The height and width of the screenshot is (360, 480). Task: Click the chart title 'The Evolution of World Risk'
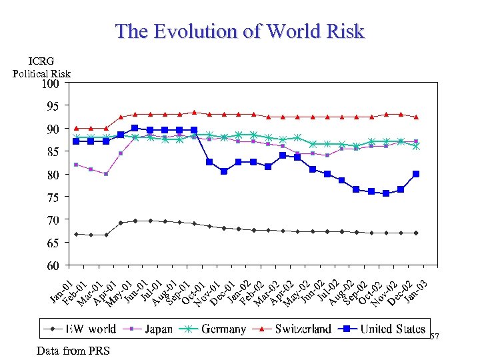coord(240,31)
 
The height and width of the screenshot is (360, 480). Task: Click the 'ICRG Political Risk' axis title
coord(41,68)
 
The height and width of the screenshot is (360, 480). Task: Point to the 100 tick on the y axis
coord(51,84)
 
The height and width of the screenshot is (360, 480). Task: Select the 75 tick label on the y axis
coord(51,197)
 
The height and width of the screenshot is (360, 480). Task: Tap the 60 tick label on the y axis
coord(51,266)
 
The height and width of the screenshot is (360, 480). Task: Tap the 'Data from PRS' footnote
coord(65,351)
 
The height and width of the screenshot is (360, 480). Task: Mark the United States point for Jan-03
coord(416,174)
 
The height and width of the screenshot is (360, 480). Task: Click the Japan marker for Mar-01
coord(106,174)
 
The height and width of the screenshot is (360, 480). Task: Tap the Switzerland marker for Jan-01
coord(77,127)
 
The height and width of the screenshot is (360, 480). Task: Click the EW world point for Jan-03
coord(416,233)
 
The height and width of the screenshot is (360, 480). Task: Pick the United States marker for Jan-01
coord(77,141)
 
